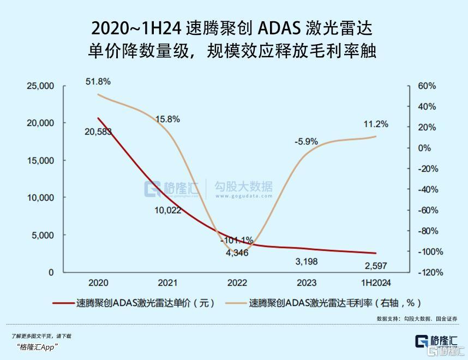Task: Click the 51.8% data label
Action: [x=98, y=82]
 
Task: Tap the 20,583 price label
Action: [x=98, y=131]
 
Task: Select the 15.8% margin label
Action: [x=167, y=119]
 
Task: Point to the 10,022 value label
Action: [x=167, y=210]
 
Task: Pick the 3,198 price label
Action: [x=307, y=262]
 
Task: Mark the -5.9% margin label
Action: [x=306, y=141]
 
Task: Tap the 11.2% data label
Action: [x=376, y=124]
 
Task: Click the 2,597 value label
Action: [x=376, y=266]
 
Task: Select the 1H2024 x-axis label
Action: [x=376, y=283]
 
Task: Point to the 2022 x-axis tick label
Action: [x=237, y=283]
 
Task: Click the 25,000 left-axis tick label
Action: [x=41, y=86]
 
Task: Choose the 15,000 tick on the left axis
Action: [x=41, y=160]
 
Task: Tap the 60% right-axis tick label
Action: [x=428, y=86]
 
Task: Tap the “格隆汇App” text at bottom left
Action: [x=37, y=347]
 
